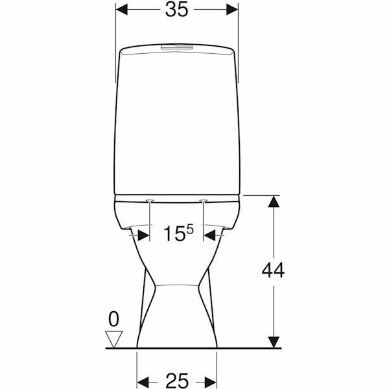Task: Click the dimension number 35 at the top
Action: tap(177, 10)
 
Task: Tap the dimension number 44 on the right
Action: tap(273, 270)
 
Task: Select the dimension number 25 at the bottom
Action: tap(177, 381)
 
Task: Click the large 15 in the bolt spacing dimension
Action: tap(174, 233)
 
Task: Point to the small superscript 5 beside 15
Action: tap(190, 230)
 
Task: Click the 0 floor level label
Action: tap(114, 319)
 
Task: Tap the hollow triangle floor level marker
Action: tap(114, 339)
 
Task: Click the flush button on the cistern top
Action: tap(176, 47)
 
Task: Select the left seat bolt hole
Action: tap(150, 200)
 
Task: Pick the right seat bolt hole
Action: tap(204, 200)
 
